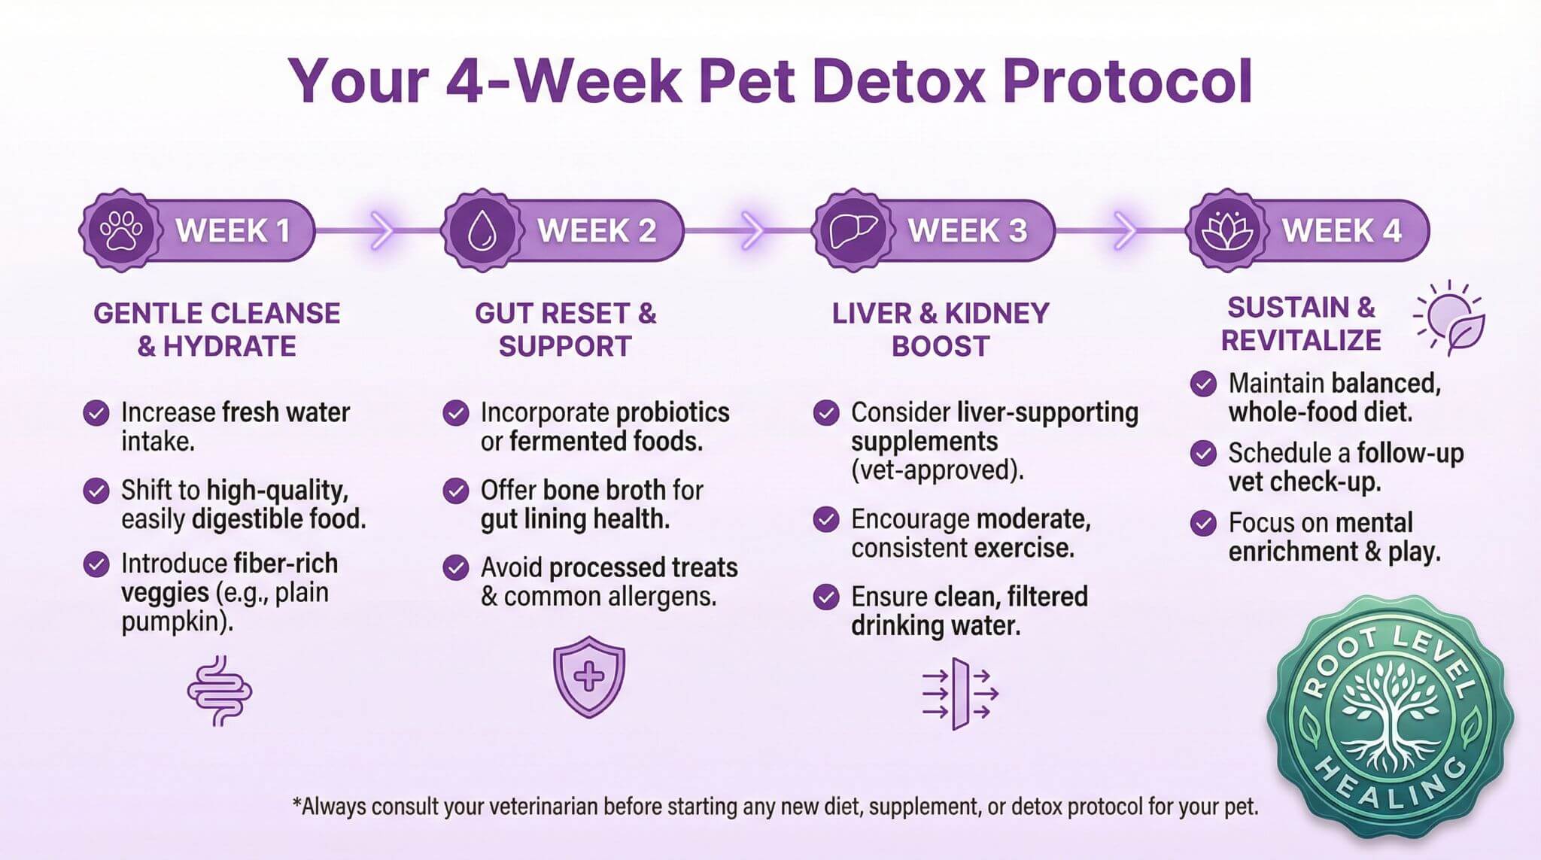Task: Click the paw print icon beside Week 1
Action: [121, 230]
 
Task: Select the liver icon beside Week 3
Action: [853, 230]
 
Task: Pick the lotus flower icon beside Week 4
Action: [1226, 230]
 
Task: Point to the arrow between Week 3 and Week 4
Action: [1124, 230]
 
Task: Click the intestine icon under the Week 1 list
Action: [220, 691]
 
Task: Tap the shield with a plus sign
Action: [589, 676]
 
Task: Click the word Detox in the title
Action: [898, 81]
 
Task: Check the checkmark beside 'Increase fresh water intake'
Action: [96, 413]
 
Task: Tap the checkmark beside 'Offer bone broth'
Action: [456, 491]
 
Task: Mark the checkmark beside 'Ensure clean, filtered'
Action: [826, 597]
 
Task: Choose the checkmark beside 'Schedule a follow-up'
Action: [1203, 454]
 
